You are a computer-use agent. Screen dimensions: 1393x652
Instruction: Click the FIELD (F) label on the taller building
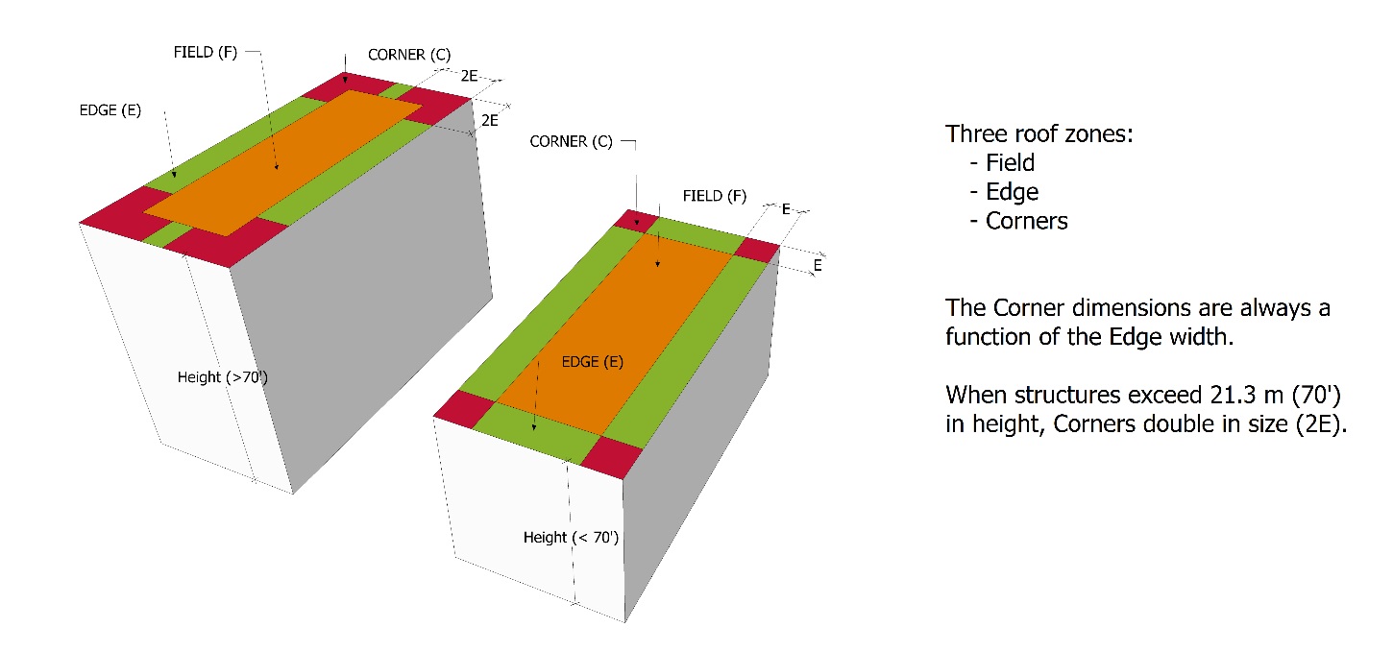tap(206, 52)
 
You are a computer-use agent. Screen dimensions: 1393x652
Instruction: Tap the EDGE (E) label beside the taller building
tap(110, 110)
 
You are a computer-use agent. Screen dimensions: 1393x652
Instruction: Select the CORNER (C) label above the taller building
tap(409, 55)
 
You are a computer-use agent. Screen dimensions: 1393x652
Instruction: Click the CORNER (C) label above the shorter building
tap(571, 142)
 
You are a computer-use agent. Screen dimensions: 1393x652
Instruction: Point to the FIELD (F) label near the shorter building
tap(715, 196)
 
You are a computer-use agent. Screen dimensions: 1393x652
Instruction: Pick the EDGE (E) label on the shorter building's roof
tap(592, 362)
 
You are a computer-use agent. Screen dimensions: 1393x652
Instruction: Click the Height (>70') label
tap(223, 377)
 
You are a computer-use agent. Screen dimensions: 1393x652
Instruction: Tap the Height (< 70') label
tap(571, 537)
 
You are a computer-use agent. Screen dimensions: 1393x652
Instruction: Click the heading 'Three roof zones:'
tap(1039, 134)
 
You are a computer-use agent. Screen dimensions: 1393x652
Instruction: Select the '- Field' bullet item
tap(1002, 163)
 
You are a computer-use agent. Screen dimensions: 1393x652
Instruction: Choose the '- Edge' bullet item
tap(1004, 192)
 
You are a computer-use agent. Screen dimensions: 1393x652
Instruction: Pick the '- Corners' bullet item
tap(1018, 221)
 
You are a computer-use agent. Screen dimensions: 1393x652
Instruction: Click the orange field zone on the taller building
tap(283, 163)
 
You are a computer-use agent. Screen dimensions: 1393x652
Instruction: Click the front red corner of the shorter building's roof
tap(611, 457)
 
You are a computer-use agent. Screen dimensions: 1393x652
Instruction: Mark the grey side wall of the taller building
tap(360, 292)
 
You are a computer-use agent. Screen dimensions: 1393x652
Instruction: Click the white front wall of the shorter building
tap(528, 519)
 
